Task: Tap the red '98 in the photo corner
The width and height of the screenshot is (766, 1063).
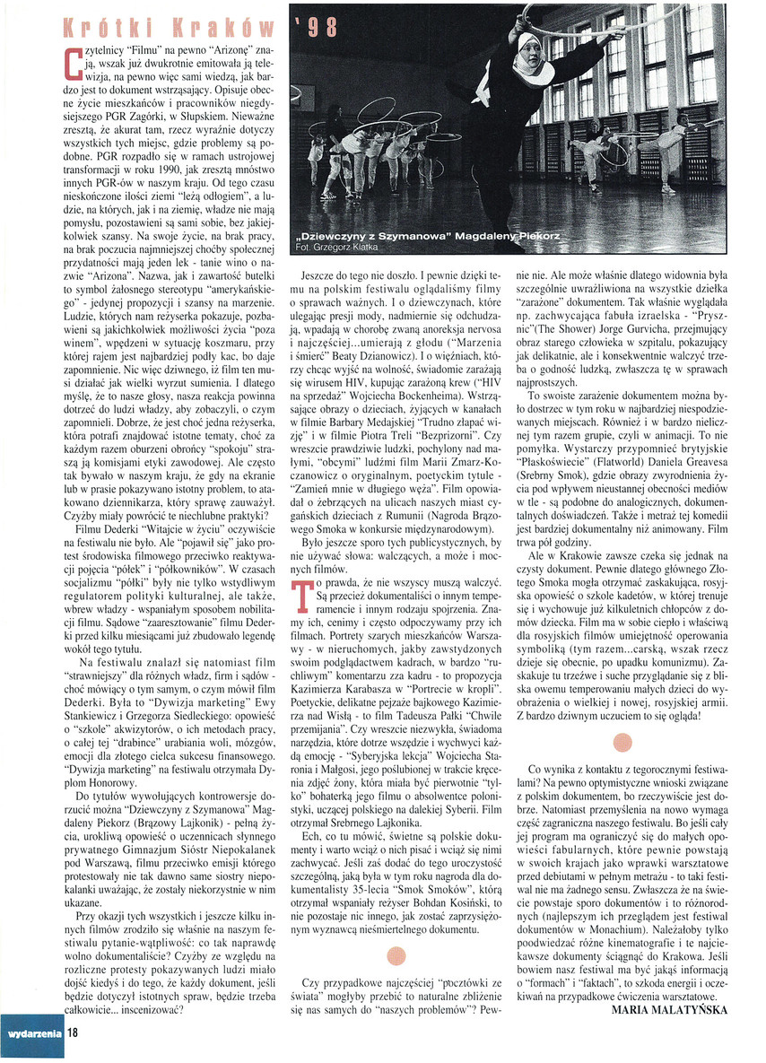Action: (x=318, y=27)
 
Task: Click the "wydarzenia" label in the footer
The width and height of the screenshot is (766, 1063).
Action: (x=34, y=1033)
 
